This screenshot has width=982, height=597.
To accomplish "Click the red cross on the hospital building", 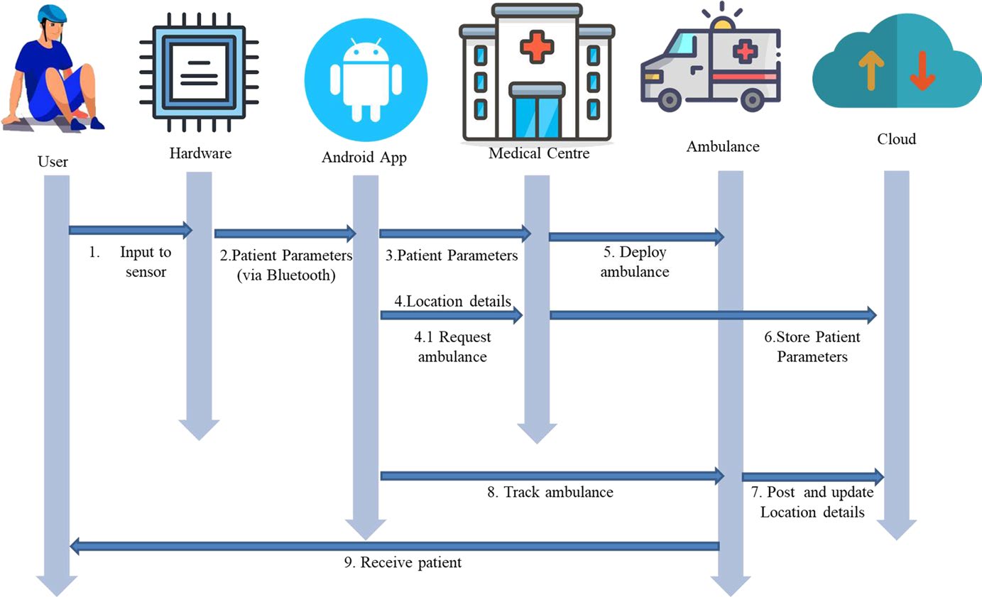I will tap(538, 47).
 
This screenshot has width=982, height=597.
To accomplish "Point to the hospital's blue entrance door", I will tap(537, 117).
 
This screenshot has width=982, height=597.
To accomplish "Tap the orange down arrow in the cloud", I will tap(922, 72).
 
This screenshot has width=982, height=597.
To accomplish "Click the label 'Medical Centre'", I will tap(539, 153).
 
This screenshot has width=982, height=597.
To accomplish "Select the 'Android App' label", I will tap(364, 158).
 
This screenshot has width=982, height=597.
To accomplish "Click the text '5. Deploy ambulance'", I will tap(635, 262).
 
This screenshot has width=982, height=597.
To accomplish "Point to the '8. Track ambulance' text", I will tap(550, 492).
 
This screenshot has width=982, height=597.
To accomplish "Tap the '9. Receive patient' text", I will tap(402, 562).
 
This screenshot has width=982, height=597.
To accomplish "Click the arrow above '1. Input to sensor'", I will tap(131, 230).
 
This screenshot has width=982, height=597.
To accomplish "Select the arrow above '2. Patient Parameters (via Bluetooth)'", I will tap(285, 233).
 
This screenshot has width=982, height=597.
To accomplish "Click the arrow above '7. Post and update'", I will tap(812, 476).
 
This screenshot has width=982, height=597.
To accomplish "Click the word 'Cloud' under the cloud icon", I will tap(896, 138).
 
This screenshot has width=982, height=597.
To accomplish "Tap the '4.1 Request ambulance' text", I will tap(452, 346).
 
